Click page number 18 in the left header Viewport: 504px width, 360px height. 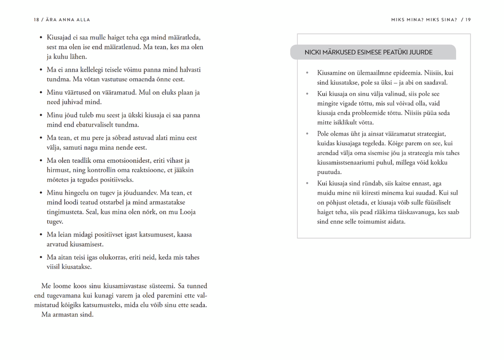(36, 20)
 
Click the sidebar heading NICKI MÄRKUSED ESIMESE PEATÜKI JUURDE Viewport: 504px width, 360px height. (368, 52)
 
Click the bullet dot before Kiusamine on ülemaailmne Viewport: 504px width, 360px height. (307, 73)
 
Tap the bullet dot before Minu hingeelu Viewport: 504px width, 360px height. (40, 193)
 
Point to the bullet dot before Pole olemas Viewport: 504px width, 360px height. (307, 134)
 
